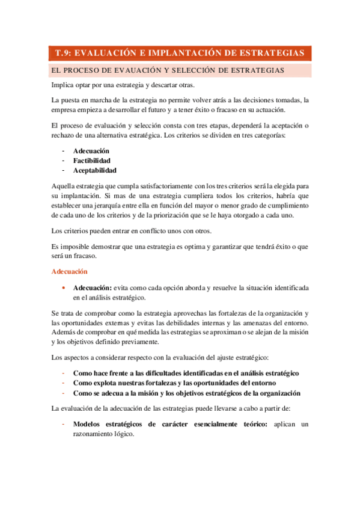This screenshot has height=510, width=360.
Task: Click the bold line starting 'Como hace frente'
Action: pyautogui.click(x=186, y=373)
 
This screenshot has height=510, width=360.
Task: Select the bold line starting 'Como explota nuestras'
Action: pyautogui.click(x=174, y=383)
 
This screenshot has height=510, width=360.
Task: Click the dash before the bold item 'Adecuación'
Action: pyautogui.click(x=63, y=151)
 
